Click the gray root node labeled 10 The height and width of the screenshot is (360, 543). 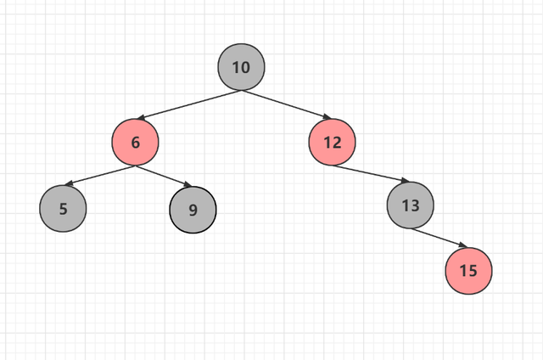tap(241, 67)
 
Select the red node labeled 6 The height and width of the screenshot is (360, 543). tap(136, 142)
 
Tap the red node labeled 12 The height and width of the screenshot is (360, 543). tap(333, 142)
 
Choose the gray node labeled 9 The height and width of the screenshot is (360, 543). tap(193, 209)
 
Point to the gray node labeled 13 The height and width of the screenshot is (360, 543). tap(411, 205)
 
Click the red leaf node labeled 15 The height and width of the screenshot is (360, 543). tap(468, 271)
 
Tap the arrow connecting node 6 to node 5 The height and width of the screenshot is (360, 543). tap(100, 174)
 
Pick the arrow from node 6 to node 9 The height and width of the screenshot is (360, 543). tap(163, 174)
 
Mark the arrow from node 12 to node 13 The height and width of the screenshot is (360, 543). tap(371, 173)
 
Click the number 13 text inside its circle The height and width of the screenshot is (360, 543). tap(411, 205)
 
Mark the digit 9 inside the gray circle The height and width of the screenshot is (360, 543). tap(193, 209)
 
